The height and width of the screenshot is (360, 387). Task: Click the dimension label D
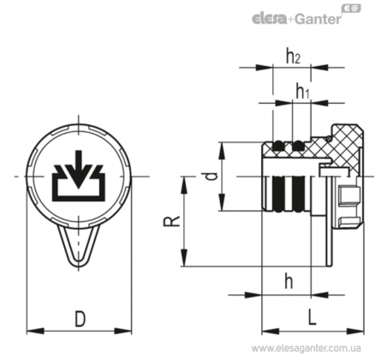[80, 319]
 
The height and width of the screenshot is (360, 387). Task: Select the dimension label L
[313, 317]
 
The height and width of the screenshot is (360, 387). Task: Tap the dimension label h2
[294, 57]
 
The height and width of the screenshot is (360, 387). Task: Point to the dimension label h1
[302, 91]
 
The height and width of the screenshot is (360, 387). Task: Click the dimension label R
[171, 221]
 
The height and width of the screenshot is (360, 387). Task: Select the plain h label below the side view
[289, 281]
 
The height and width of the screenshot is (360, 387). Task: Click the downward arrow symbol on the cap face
[79, 170]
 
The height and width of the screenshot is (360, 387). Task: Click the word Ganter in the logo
[318, 19]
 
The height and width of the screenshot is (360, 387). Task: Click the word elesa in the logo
[269, 19]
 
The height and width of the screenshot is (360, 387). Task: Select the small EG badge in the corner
[351, 9]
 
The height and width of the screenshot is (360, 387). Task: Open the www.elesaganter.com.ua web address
[307, 348]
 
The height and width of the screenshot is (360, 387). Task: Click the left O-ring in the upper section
[278, 146]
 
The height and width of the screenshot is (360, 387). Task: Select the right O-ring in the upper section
[299, 146]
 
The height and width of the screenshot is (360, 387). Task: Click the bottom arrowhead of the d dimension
[222, 202]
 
